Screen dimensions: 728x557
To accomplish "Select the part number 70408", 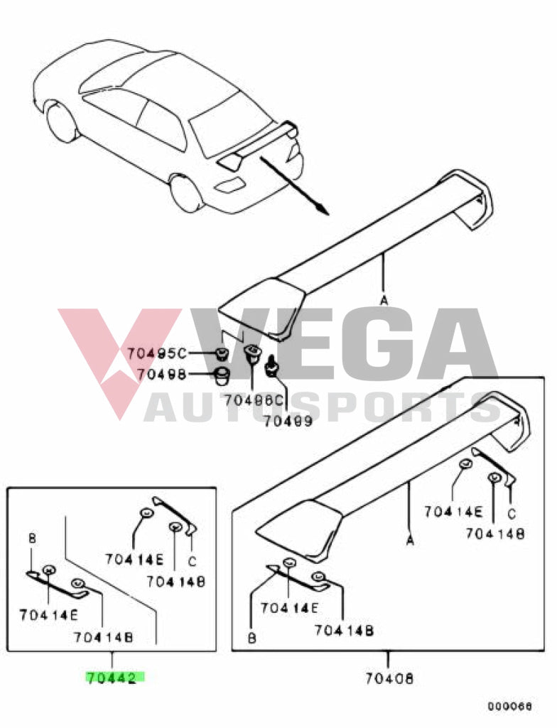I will click(x=389, y=678).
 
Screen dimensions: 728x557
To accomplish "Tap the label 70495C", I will click(x=156, y=353).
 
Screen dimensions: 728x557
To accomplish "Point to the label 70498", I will click(x=162, y=374).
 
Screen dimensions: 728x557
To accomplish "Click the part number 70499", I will click(x=288, y=421).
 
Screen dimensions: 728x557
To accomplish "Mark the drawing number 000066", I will click(x=509, y=707).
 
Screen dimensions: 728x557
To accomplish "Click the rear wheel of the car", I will click(x=187, y=193).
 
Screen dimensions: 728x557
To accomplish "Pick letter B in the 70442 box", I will click(x=31, y=538).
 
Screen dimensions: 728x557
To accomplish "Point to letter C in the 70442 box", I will click(x=192, y=561).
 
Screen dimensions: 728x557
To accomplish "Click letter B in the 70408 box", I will click(x=252, y=638).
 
